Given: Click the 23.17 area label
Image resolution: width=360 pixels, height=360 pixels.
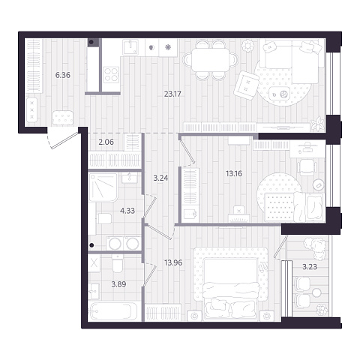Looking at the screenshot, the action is (172, 94).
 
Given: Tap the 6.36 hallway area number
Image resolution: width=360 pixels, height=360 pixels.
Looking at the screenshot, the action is (63, 75).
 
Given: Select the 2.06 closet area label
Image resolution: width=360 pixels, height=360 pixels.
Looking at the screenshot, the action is (106, 142).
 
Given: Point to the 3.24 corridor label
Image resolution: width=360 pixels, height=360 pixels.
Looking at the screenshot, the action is (160, 178).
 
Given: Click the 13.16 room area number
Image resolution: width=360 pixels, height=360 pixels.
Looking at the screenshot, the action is (234, 173).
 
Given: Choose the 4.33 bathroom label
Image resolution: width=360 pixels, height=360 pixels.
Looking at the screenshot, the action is (127, 211).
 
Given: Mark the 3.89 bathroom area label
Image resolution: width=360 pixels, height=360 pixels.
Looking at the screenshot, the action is (118, 284).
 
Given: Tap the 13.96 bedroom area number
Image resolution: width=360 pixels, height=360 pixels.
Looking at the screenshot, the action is (173, 262).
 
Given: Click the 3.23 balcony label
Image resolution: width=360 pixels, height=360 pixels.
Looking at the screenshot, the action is (310, 267).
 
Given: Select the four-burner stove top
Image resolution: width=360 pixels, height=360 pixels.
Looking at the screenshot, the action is (112, 74).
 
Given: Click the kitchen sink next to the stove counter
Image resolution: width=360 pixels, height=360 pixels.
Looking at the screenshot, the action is (130, 47).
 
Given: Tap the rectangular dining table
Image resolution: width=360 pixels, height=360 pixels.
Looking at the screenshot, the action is (211, 60).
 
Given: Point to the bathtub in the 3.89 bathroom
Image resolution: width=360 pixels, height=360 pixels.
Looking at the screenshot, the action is (113, 311).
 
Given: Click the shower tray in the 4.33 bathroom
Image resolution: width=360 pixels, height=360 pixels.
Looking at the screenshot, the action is (103, 187).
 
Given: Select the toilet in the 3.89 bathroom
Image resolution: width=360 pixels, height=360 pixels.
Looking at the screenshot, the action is (118, 263).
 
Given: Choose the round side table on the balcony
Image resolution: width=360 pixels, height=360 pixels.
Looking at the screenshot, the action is (316, 292).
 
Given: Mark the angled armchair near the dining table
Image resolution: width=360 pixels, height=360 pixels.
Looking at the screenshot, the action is (246, 85).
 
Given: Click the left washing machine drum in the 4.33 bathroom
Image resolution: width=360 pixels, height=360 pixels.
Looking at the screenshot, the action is (115, 244).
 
